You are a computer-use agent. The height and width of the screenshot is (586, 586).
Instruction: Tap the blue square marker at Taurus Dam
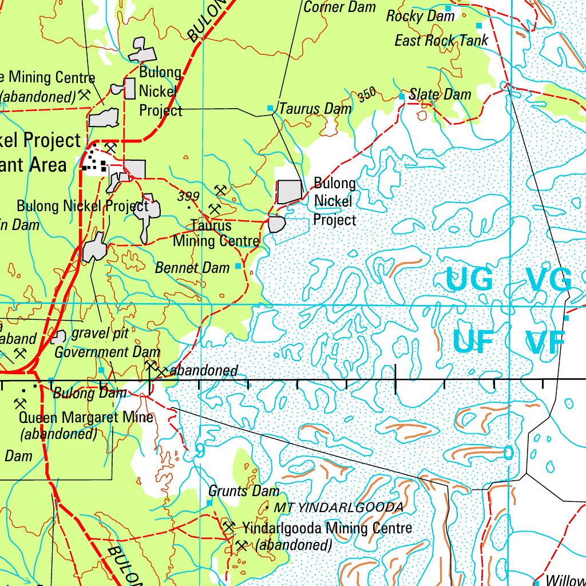270,108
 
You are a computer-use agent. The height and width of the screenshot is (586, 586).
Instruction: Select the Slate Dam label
440,94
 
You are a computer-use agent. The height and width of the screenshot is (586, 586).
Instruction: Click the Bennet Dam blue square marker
239,267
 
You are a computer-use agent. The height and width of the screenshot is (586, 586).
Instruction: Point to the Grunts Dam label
244,491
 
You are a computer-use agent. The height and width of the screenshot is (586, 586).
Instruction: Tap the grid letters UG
469,280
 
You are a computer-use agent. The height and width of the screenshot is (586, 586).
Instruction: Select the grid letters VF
545,342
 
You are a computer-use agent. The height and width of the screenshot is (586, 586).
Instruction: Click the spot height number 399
188,197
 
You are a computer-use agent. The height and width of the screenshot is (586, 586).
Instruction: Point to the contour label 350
367,96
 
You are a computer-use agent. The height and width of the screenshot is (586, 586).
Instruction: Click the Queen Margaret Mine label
86,417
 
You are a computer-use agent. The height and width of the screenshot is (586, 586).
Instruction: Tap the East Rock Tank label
441,41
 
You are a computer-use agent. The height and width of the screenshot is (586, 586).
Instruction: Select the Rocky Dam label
420,16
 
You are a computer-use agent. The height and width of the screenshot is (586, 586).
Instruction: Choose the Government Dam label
107,352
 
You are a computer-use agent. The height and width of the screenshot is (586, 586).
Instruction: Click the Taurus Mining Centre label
216,233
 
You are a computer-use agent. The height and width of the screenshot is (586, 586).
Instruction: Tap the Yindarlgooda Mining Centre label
327,528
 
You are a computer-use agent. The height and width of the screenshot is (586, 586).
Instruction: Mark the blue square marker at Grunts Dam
209,502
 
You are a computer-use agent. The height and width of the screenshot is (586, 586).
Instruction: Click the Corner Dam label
339,7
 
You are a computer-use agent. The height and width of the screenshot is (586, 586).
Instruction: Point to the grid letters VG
549,280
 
